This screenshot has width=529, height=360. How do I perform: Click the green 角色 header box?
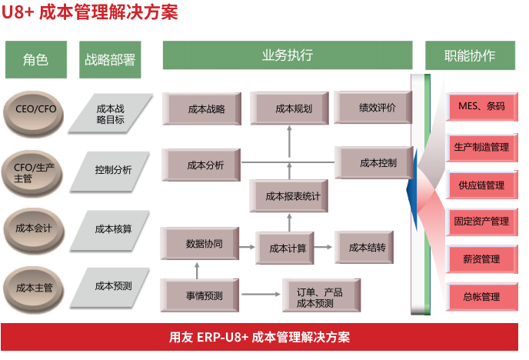(x=36, y=59)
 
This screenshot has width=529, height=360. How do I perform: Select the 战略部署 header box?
(x=110, y=59)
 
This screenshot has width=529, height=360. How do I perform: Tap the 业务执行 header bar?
(x=288, y=55)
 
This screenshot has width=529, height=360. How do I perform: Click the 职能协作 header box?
(x=469, y=55)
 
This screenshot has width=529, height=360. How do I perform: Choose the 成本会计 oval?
(x=33, y=228)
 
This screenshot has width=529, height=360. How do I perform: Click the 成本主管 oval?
(x=33, y=288)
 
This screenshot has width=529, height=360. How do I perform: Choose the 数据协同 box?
(x=205, y=245)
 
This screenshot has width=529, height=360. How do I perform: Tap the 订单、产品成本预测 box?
(x=315, y=298)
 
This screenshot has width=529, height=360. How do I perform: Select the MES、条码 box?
(x=481, y=107)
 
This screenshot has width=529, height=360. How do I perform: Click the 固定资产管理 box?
(x=481, y=222)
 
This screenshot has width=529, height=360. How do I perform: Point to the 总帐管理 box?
(x=481, y=296)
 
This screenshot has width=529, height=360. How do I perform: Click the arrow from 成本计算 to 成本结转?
(x=324, y=248)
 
